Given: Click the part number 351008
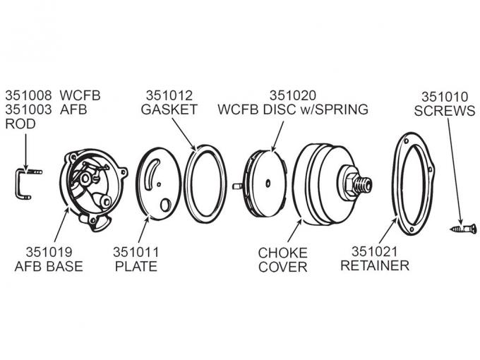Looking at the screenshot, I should pyautogui.click(x=28, y=95).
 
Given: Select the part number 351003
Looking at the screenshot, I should pyautogui.click(x=28, y=109).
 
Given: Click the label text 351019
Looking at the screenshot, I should pyautogui.click(x=49, y=252).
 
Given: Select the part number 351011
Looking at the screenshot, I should pyautogui.click(x=137, y=252).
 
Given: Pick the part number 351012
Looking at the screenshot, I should pyautogui.click(x=169, y=95).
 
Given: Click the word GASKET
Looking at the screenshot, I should pyautogui.click(x=169, y=109).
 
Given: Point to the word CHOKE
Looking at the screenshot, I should pyautogui.click(x=282, y=252).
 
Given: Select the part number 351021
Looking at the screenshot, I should pyautogui.click(x=375, y=252).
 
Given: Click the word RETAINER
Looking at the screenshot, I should pyautogui.click(x=375, y=266).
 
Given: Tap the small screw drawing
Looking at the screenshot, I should pyautogui.click(x=460, y=229).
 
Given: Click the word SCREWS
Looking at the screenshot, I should pyautogui.click(x=444, y=112).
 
